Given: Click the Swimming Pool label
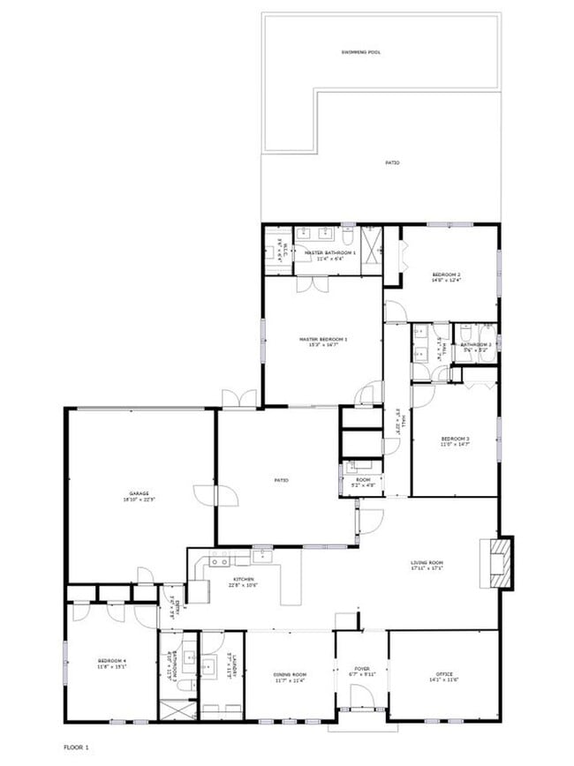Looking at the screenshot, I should click(360, 53).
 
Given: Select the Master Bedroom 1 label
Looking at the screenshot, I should click(322, 341).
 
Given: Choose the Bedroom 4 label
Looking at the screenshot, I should click(112, 665).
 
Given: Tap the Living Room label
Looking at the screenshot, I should click(426, 564).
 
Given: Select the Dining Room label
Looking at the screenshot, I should click(289, 677).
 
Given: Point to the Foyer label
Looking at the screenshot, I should click(361, 671).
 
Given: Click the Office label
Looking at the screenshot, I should click(443, 677).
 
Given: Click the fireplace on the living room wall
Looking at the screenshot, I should click(501, 562).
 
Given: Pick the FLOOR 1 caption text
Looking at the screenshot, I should click(76, 747).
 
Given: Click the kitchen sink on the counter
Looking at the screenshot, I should click(219, 561).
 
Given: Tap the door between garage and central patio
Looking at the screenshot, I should click(216, 495).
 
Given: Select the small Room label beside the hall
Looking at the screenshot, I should click(362, 482).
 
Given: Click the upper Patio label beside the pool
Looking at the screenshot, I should click(392, 163).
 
